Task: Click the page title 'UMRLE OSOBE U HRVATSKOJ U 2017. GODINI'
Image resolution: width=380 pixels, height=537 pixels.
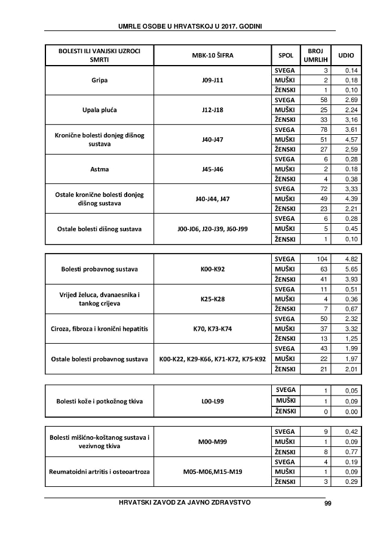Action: click(190, 26)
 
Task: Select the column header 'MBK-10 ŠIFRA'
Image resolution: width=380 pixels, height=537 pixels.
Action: click(212, 55)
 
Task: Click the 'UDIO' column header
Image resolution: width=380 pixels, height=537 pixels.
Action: click(346, 55)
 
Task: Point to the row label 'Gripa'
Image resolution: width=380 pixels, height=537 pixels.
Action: click(99, 80)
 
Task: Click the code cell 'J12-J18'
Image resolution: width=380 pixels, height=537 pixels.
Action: click(212, 109)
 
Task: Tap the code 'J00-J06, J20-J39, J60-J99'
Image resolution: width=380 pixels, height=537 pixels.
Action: click(212, 229)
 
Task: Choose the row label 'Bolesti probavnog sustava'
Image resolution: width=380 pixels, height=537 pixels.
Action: click(99, 269)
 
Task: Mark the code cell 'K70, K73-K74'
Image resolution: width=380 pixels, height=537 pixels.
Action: click(212, 329)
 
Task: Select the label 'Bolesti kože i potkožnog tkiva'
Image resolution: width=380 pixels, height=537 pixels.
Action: click(99, 401)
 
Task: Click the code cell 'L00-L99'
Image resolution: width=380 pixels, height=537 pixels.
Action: click(212, 401)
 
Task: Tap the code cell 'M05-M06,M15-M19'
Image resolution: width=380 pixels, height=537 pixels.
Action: click(212, 472)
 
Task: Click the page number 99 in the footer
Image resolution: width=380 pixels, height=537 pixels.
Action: click(327, 503)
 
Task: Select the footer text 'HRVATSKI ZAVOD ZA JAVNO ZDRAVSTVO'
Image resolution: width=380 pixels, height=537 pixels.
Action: click(185, 502)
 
